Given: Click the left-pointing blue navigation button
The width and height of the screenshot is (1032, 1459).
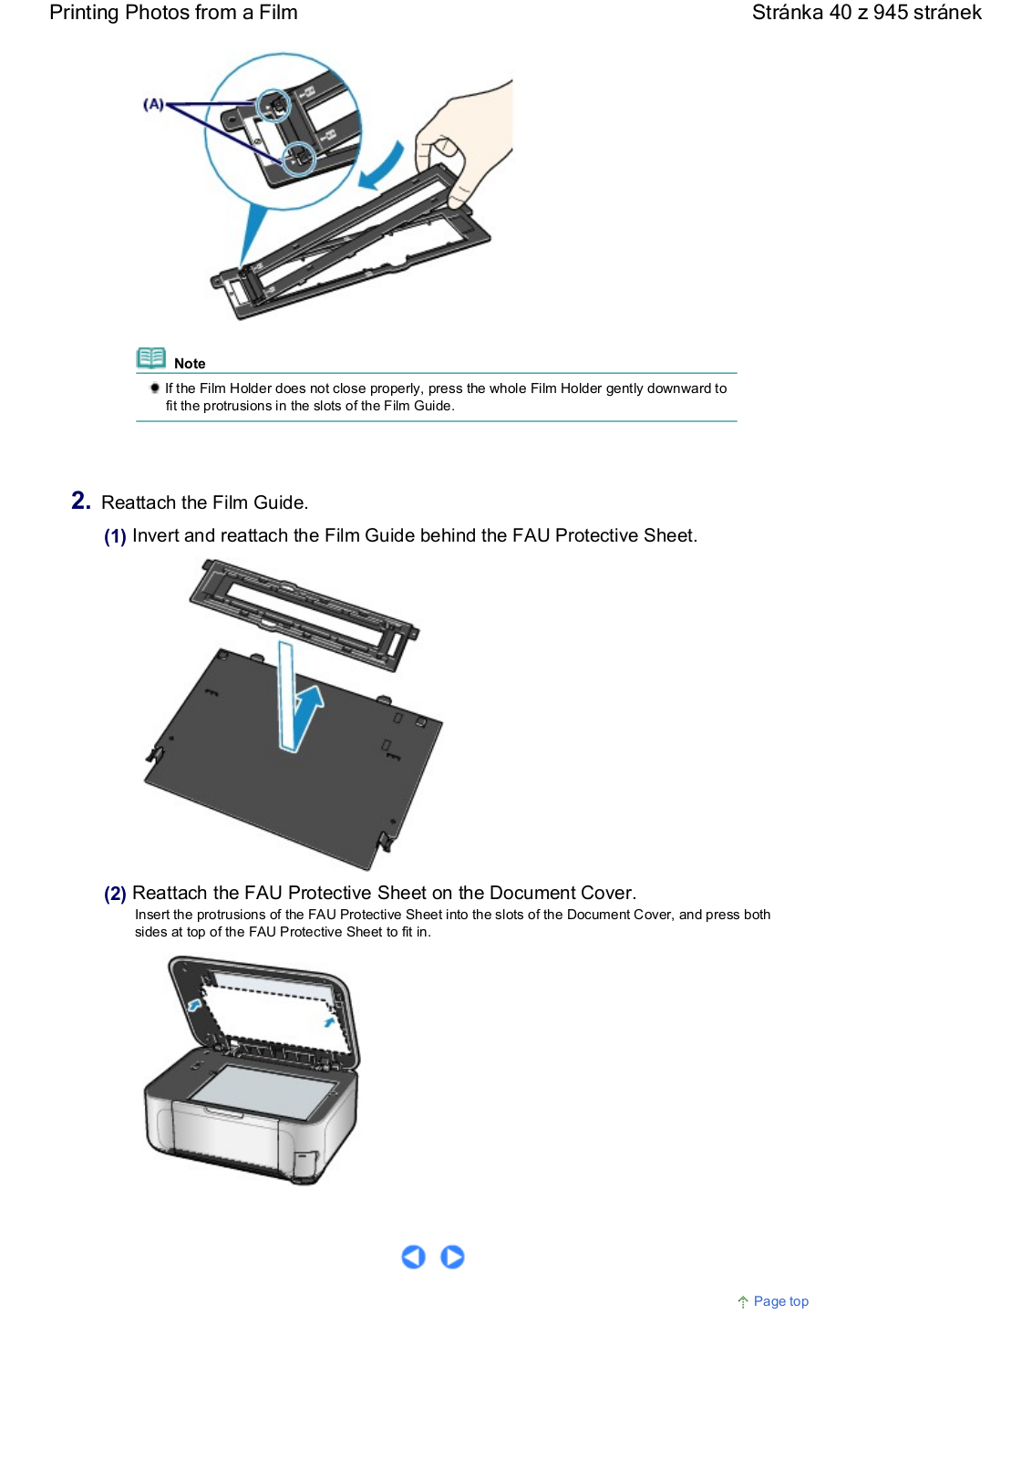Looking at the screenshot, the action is click(x=413, y=1257).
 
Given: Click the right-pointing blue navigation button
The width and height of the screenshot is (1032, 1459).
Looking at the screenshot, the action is click(x=452, y=1257).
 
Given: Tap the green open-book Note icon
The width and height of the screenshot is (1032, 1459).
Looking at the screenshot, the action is click(x=151, y=357).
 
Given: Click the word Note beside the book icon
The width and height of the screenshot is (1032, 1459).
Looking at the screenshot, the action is click(x=190, y=364).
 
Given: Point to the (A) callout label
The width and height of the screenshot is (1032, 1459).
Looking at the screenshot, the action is click(x=154, y=104).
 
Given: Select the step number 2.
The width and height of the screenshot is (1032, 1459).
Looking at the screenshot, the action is click(x=81, y=501).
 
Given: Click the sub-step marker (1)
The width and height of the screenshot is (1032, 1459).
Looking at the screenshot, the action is click(x=115, y=536).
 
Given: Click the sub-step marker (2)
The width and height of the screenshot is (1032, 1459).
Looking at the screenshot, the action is click(x=115, y=894).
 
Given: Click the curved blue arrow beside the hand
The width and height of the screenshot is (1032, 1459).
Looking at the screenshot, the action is click(x=382, y=167).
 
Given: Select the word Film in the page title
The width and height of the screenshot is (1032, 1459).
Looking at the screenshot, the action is click(x=278, y=13).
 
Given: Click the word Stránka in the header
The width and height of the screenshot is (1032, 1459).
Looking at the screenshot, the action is click(x=787, y=13).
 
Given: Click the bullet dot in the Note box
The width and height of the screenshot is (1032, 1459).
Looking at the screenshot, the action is click(x=154, y=388).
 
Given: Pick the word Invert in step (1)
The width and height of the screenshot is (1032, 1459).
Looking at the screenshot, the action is click(x=156, y=535).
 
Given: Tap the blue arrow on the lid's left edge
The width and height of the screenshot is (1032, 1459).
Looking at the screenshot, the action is click(x=194, y=1005).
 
